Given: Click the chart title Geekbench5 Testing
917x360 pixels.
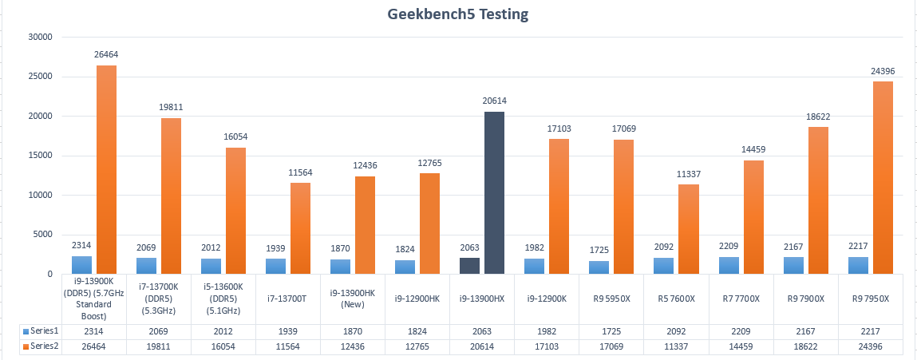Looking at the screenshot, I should pos(459,14).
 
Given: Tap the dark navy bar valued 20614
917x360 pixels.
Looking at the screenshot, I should pos(495,192).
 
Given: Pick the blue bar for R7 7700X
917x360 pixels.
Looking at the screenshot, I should pos(729,265).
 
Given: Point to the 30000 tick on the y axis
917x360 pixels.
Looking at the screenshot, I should pos(39,37).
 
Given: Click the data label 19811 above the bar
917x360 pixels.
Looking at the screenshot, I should pos(172,107).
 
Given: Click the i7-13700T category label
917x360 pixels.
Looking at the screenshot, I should pos(288,299).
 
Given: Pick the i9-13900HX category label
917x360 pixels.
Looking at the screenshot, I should pos(482,299).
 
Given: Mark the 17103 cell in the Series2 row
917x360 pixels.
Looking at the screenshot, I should pos(547,347).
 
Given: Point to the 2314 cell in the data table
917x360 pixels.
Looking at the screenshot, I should pos(94,331).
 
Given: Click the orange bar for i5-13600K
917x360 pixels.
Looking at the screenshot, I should pos(236,211).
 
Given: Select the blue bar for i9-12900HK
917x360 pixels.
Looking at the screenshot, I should pos(405,267).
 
